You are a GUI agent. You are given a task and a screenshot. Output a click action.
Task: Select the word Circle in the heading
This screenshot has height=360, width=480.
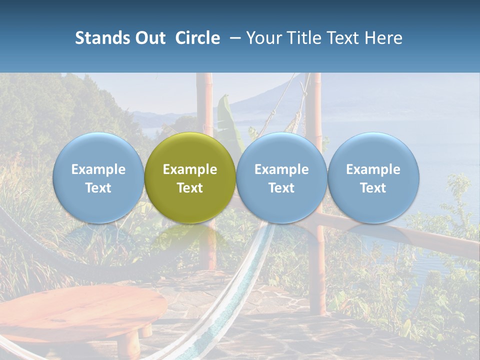click(197, 38)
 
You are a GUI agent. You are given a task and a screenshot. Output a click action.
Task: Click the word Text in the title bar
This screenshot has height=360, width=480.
click(343, 38)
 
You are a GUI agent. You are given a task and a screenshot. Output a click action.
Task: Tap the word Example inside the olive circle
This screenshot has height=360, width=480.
click(190, 169)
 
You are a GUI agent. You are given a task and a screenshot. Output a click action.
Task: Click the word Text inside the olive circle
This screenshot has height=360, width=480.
click(190, 188)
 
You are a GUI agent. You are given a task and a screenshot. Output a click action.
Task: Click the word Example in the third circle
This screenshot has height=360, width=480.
click(281, 169)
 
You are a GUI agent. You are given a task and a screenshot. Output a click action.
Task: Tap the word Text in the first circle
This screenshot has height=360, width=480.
click(98, 188)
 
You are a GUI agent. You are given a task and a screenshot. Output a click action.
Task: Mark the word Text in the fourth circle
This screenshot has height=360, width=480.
click(373, 188)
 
